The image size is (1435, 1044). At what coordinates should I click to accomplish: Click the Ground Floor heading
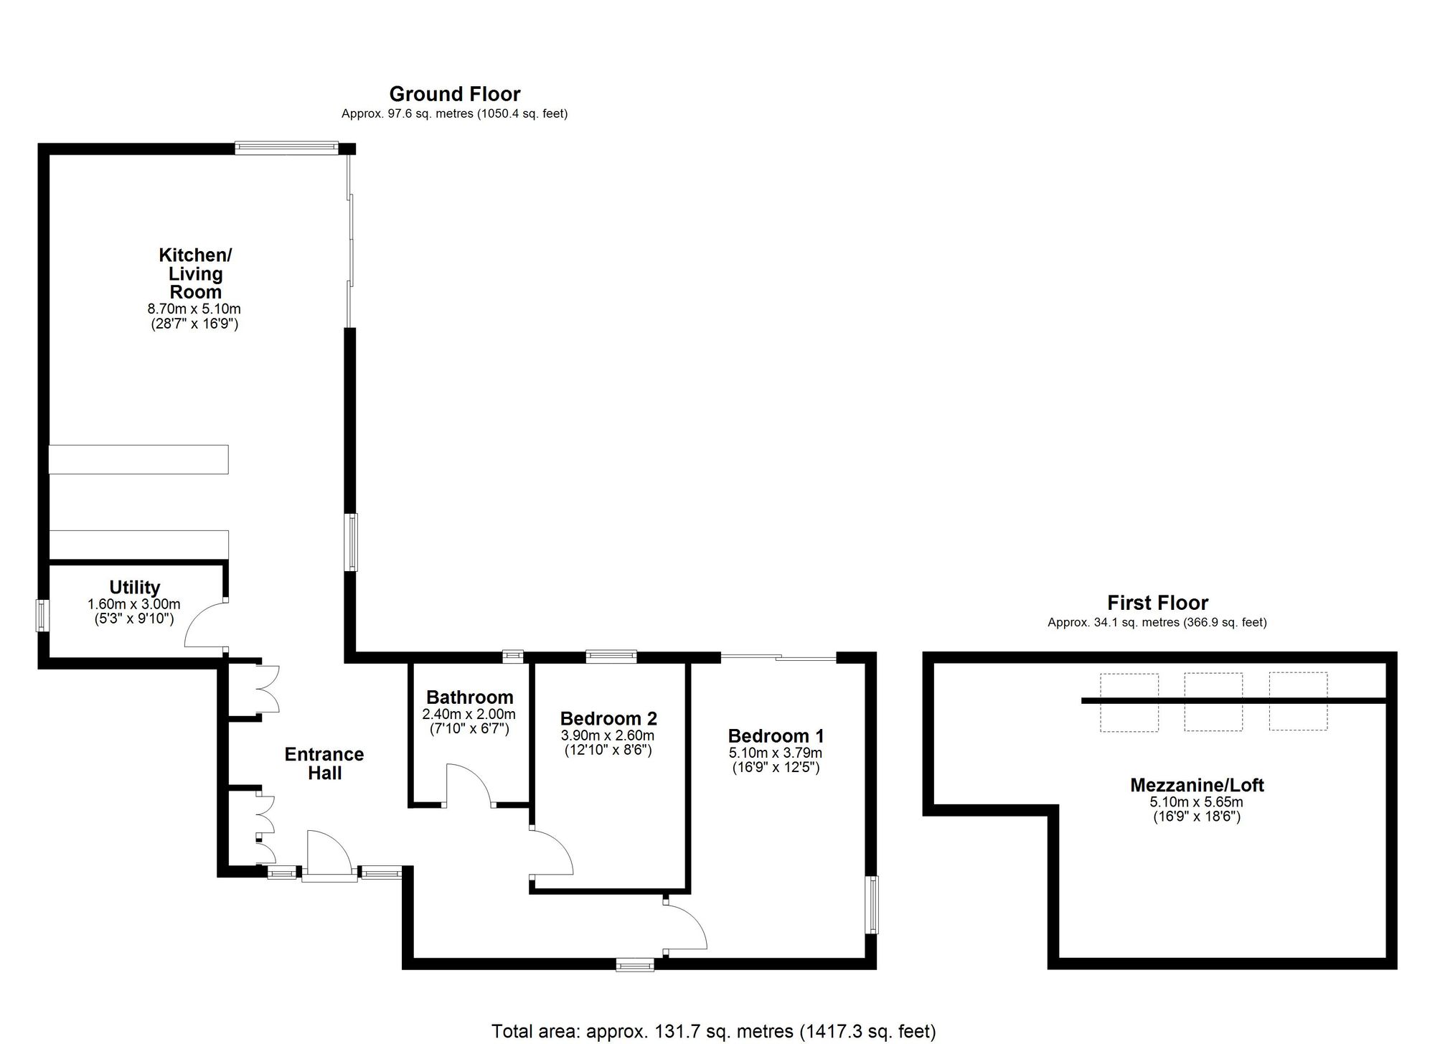(x=455, y=94)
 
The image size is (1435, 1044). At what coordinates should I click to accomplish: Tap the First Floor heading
(x=1157, y=603)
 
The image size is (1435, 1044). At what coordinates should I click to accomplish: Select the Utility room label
(x=134, y=588)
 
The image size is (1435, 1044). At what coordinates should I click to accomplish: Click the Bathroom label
(x=469, y=697)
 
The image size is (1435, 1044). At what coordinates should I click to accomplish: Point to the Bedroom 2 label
(x=608, y=718)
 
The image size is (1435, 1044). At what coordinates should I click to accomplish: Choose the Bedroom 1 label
(x=776, y=735)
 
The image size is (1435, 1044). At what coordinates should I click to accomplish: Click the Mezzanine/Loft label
(x=1197, y=785)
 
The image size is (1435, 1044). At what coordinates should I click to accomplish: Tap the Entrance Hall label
(x=324, y=763)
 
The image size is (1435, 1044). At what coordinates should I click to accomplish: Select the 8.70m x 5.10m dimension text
(x=194, y=309)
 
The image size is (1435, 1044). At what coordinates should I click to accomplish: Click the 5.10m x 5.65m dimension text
(x=1197, y=802)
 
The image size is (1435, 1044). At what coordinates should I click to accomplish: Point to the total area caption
(x=713, y=1032)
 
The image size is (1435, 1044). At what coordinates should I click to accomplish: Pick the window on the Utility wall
(x=43, y=615)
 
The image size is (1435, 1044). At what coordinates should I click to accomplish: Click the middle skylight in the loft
(x=1213, y=702)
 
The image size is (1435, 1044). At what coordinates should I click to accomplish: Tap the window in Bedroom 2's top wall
(x=611, y=656)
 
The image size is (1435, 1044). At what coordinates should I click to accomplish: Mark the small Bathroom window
(x=512, y=656)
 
